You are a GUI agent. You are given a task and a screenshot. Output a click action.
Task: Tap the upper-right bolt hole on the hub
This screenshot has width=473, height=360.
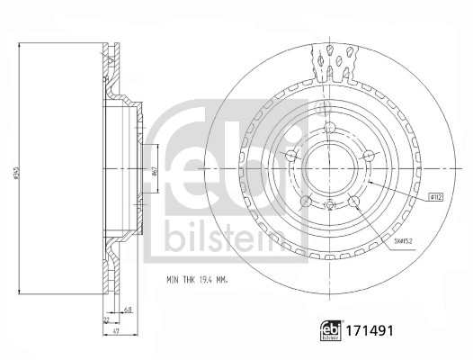click(367, 155)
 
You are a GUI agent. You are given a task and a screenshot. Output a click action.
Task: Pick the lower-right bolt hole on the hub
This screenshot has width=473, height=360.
click(356, 200)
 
